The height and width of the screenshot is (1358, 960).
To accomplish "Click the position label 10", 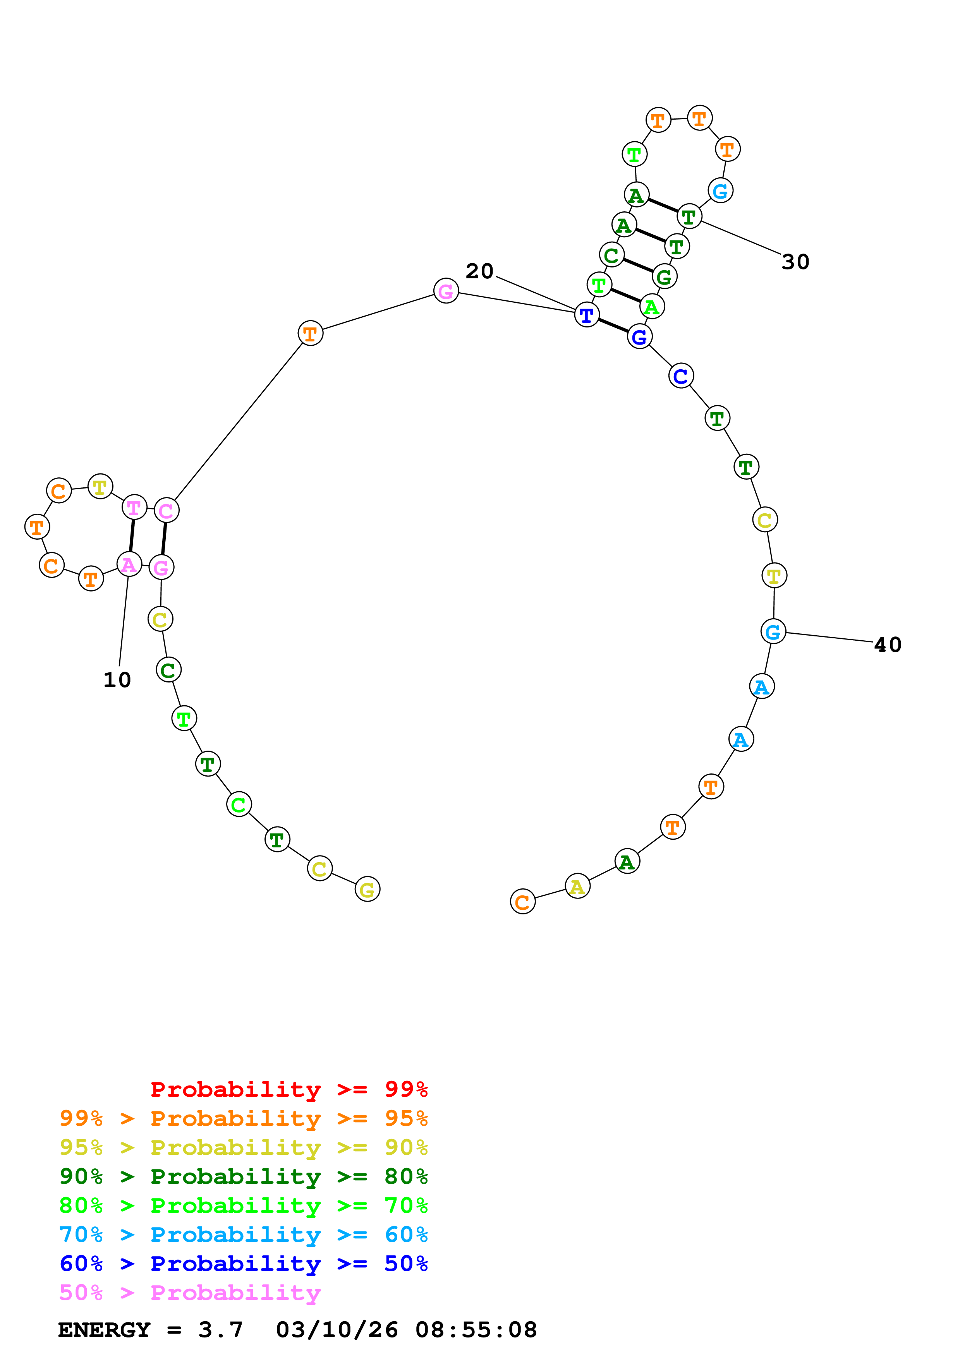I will (x=117, y=680).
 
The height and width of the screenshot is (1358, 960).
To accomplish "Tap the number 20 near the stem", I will (x=479, y=271).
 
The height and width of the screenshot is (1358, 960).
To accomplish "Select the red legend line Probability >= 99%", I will (x=289, y=1089).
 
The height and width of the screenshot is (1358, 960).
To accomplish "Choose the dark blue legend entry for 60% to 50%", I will (x=243, y=1264).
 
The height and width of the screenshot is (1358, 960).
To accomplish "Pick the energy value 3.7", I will (x=220, y=1330).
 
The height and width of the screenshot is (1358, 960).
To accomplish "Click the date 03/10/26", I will (x=337, y=1330).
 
